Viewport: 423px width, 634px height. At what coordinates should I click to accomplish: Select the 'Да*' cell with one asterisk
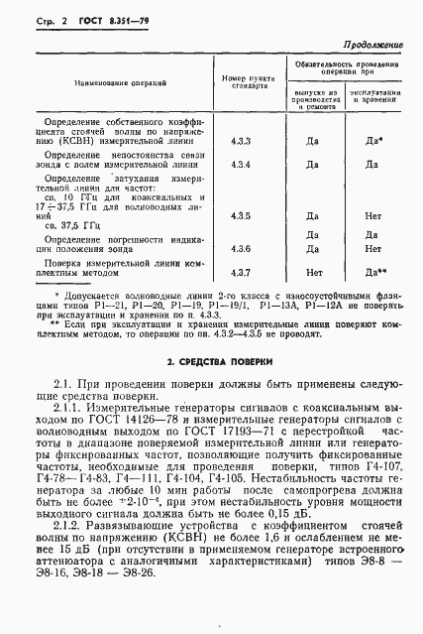pos(373,141)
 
